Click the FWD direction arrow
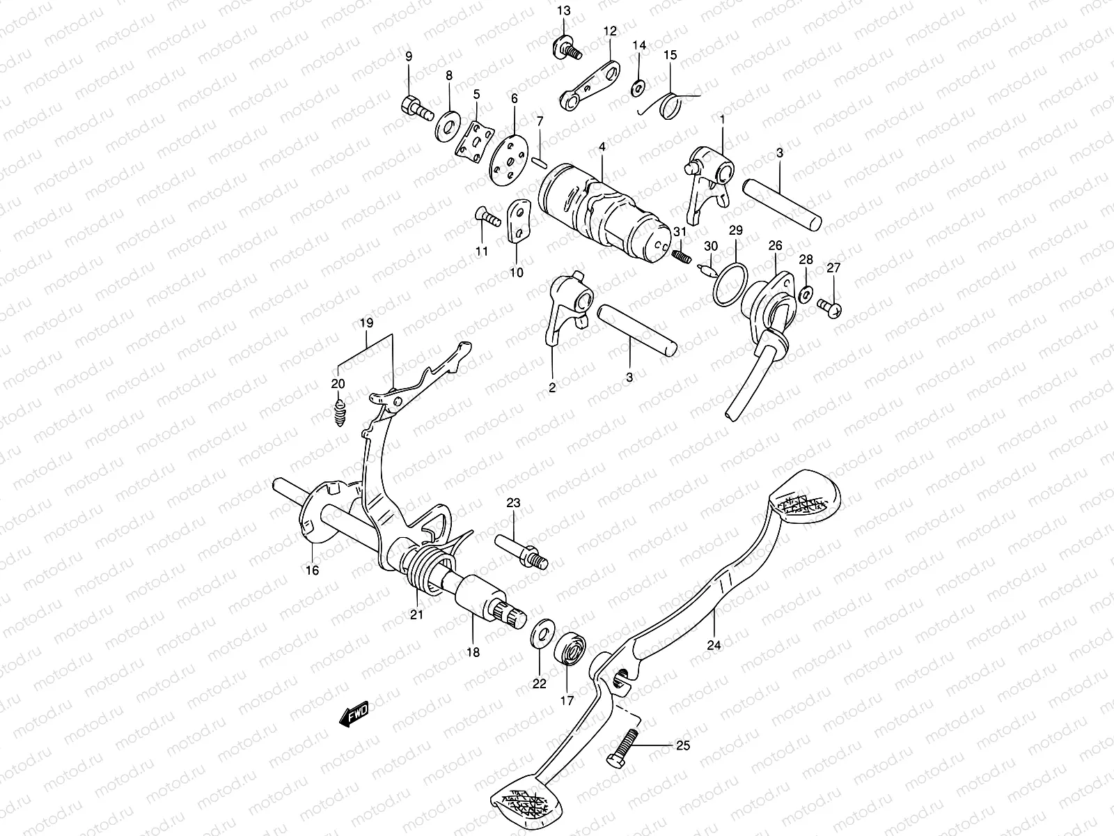(355, 715)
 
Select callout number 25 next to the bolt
(683, 745)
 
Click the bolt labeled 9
(416, 108)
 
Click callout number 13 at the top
(563, 10)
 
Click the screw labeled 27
(831, 305)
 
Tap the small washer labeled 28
(805, 294)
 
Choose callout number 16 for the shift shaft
(311, 571)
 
